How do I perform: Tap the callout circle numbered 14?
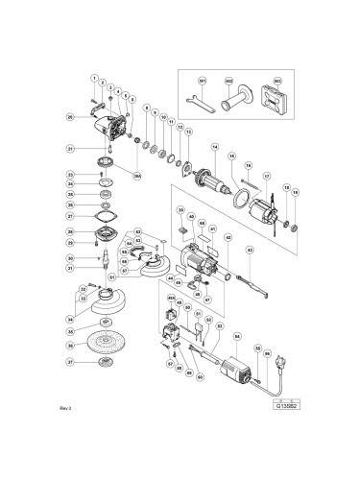216,146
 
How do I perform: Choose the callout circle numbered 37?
69,363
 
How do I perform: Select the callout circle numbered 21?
70,149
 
